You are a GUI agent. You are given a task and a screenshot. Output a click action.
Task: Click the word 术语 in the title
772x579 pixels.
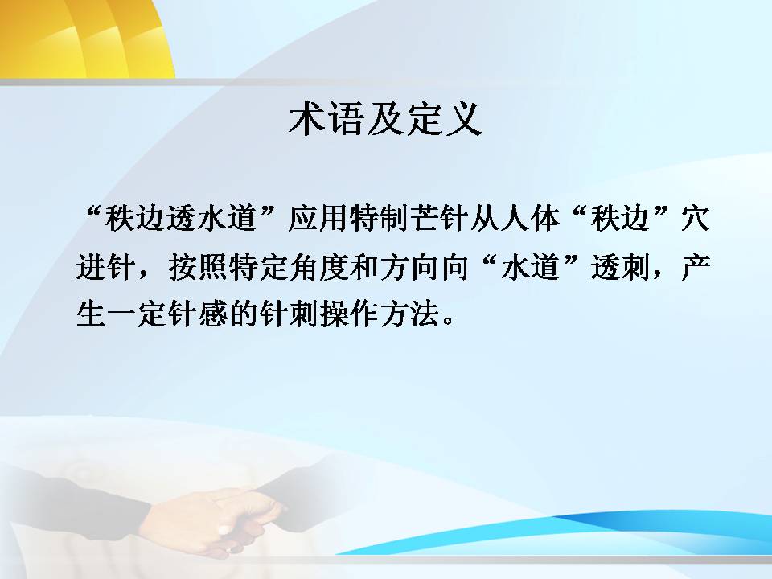tap(326, 119)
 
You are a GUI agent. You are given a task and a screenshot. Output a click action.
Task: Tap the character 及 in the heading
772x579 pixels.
tap(384, 119)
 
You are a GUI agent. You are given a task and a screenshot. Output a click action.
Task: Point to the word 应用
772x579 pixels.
tap(319, 218)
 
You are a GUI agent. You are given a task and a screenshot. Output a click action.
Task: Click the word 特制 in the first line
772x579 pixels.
tap(380, 218)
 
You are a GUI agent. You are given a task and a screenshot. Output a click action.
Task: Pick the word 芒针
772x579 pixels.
tap(441, 218)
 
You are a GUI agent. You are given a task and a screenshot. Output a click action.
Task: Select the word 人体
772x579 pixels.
tap(532, 218)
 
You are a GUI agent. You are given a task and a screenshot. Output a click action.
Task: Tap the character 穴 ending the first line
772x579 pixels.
tap(696, 218)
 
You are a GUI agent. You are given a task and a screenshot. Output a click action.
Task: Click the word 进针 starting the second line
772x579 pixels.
tap(106, 267)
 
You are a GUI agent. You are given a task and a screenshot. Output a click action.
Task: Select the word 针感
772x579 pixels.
tap(198, 314)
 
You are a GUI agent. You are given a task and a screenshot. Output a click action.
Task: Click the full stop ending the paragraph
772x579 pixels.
tap(448, 321)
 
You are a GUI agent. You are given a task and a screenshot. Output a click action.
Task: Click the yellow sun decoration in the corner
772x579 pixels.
tap(86, 39)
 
